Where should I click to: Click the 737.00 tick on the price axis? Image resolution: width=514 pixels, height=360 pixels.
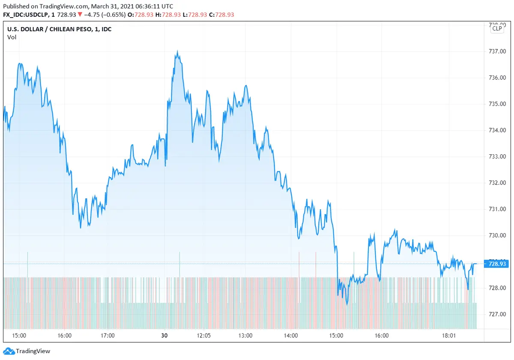498,51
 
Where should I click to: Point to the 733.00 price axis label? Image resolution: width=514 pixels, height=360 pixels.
498,156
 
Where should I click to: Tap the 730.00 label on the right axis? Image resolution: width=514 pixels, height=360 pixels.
498,235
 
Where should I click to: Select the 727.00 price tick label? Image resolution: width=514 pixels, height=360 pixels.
498,314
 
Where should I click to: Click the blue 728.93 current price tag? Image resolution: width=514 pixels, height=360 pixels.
497,264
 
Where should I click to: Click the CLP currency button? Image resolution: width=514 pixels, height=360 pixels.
497,28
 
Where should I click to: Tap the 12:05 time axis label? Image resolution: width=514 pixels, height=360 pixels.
203,336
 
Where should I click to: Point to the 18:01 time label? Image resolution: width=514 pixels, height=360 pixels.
448,336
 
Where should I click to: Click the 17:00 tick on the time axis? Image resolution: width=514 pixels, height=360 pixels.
107,336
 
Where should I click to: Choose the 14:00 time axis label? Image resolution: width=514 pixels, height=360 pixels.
291,336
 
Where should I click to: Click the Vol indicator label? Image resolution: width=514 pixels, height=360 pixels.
12,37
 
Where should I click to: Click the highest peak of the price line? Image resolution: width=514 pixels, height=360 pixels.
177,52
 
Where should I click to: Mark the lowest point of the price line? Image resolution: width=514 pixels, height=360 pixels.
347,304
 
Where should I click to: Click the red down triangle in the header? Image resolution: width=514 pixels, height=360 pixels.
80,15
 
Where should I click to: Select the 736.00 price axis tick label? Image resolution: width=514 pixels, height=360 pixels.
498,78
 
